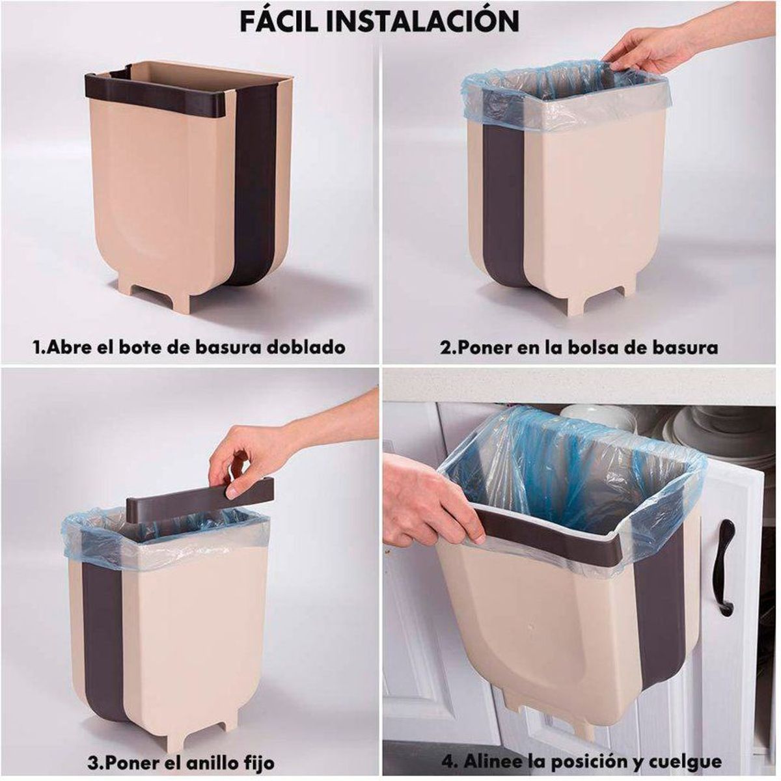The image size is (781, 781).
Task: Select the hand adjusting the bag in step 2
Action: pyautogui.click(x=644, y=49)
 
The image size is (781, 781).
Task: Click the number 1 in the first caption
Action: pyautogui.click(x=36, y=347)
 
